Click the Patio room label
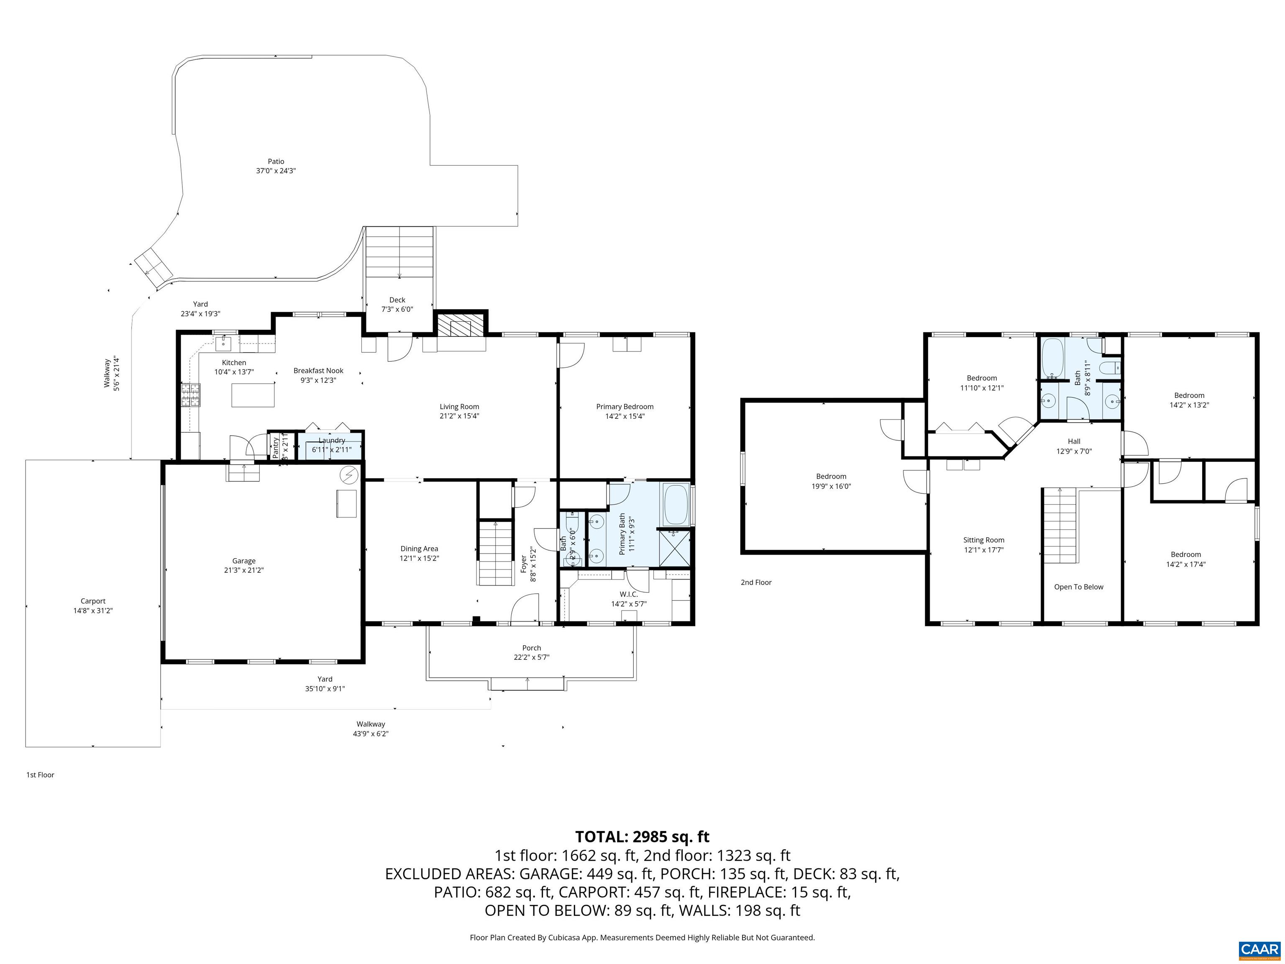tap(276, 162)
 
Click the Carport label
tap(93, 601)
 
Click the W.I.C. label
tap(629, 595)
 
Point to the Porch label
tap(531, 648)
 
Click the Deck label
tap(397, 300)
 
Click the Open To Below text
tap(1078, 587)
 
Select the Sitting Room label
tap(983, 541)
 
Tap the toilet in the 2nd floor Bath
tap(1111, 368)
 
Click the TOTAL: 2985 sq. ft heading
tap(642, 837)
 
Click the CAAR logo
tap(1259, 949)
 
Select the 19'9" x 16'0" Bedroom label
tap(831, 486)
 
